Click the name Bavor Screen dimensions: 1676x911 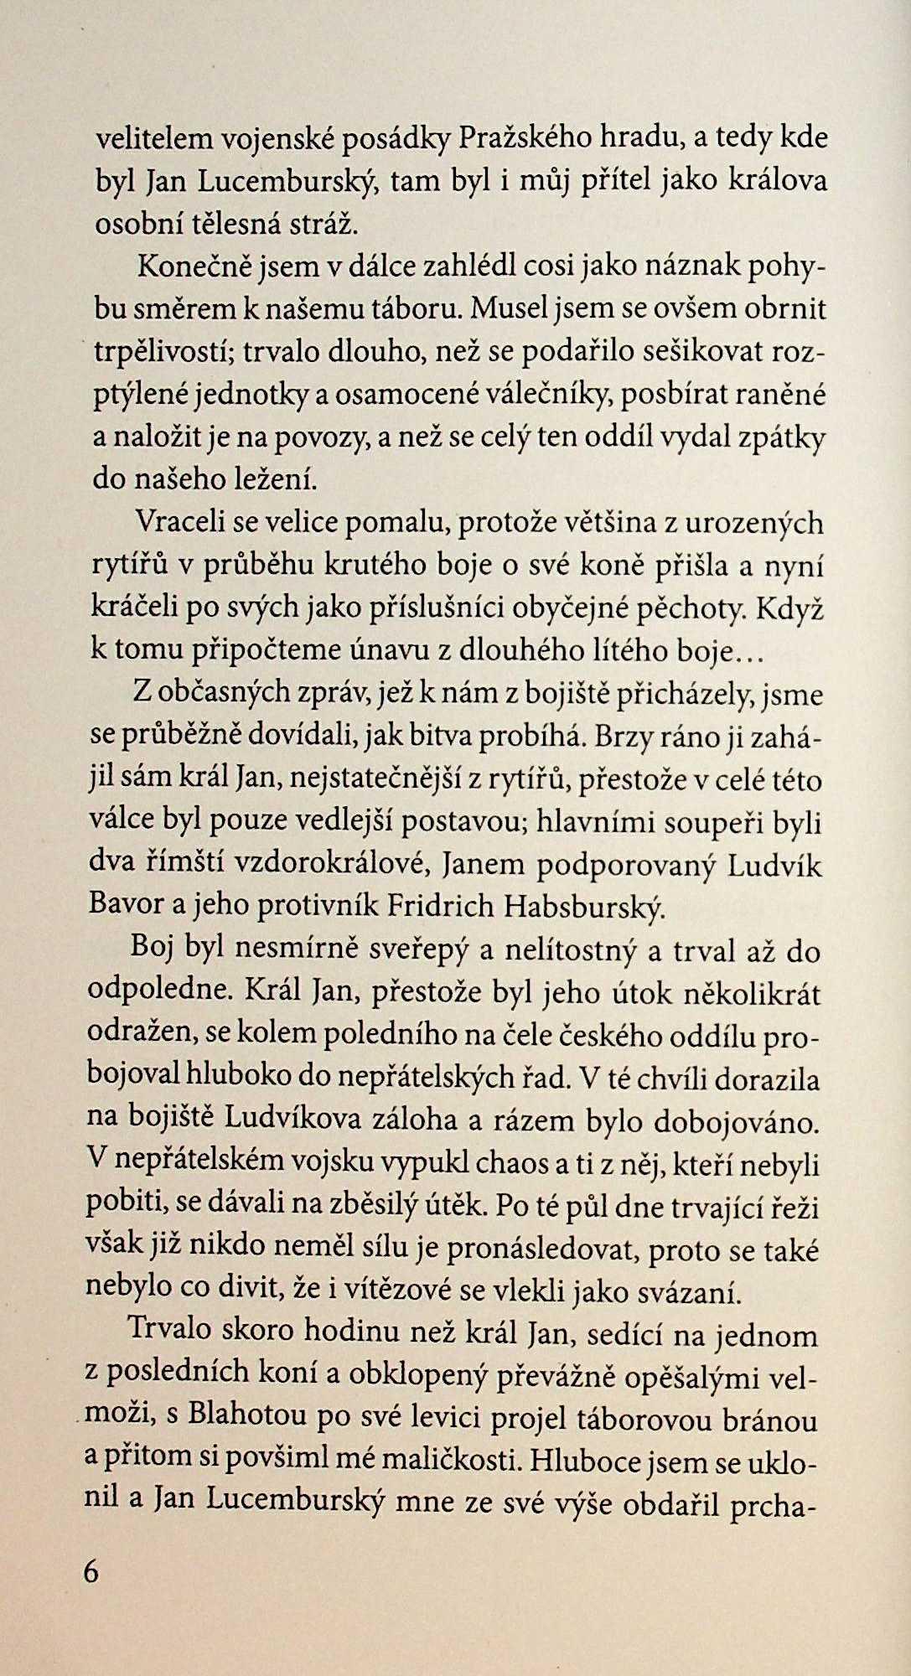(x=127, y=908)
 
